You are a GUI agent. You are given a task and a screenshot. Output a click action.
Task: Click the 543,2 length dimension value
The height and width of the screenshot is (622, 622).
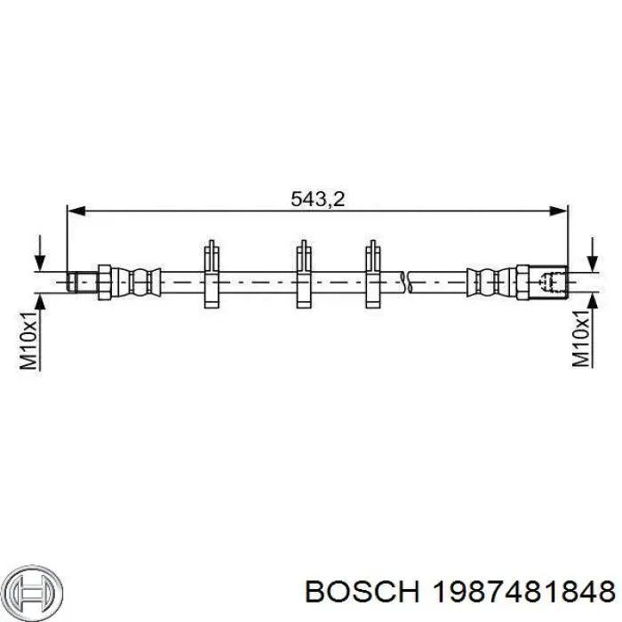(x=317, y=199)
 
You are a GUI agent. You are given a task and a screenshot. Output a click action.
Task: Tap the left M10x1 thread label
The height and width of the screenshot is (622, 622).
(x=29, y=340)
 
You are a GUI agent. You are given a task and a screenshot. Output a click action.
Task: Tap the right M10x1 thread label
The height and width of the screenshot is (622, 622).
(x=581, y=339)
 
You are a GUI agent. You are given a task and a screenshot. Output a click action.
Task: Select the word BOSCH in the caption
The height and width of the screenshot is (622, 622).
(x=363, y=593)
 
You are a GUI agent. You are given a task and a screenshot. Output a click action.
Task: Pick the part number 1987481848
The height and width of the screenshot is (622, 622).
(x=523, y=593)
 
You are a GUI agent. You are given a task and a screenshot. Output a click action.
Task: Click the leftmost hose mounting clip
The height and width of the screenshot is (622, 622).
(x=211, y=274)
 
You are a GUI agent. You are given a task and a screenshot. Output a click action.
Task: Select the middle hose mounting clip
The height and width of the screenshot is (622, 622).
(x=304, y=274)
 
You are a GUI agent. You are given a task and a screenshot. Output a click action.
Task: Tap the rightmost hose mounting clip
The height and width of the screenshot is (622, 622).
(x=373, y=274)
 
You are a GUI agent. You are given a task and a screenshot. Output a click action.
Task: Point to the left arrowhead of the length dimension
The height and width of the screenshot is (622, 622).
(x=76, y=211)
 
